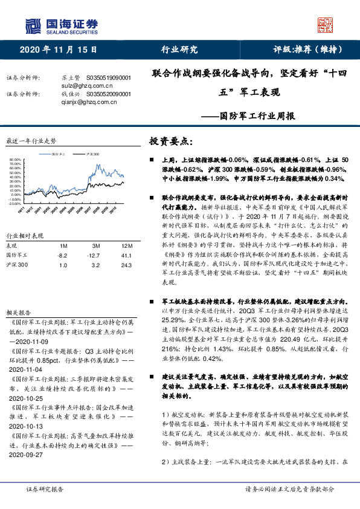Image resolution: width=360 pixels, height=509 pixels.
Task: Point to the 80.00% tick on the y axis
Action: (16, 160)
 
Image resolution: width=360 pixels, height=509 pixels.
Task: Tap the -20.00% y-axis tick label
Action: (16, 204)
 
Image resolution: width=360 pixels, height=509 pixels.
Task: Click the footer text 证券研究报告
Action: (45, 488)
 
